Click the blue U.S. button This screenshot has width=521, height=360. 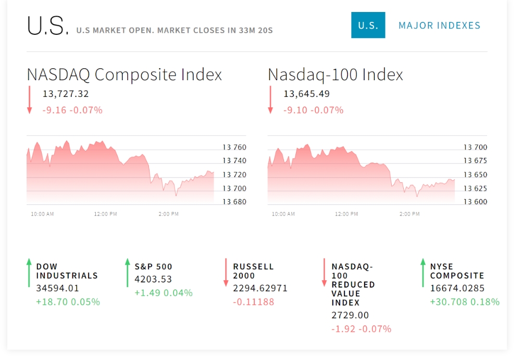pos(368,25)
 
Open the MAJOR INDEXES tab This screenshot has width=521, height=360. pos(439,26)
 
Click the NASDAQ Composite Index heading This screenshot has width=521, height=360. pos(125,75)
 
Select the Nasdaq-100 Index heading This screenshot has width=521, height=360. pos(335,75)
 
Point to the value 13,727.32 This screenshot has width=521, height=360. pos(66,94)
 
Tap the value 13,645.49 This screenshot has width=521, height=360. pos(306,94)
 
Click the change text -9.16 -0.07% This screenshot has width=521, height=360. pos(72,110)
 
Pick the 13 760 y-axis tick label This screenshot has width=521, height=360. pos(234,147)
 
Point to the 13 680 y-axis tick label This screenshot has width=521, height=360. pos(234,202)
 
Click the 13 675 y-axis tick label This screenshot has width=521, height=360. pos(475,160)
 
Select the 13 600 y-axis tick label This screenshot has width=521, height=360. pos(475,202)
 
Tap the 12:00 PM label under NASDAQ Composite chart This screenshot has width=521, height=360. pos(105,214)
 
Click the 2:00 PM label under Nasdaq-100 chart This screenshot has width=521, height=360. pos(410,214)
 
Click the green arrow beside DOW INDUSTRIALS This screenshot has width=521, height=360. pos(29,272)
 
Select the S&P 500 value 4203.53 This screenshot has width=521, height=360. pos(153,279)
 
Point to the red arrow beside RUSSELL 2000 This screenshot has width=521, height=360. pos(226,272)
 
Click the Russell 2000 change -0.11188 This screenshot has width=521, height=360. pos(254,302)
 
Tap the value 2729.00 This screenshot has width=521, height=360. pos(350,315)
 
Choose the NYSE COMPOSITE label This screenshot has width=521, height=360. pos(457,271)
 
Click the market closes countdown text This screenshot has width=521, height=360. pos(215,30)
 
